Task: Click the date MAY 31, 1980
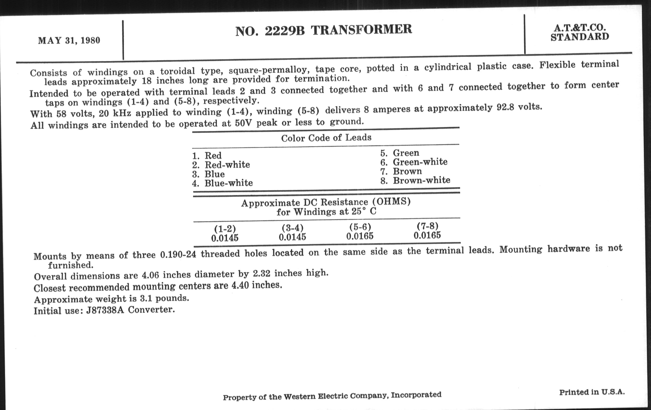pyautogui.click(x=69, y=40)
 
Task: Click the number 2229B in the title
pyautogui.click(x=284, y=31)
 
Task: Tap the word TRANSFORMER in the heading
pyautogui.click(x=361, y=29)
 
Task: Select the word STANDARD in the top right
pyautogui.click(x=580, y=37)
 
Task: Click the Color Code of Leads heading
pyautogui.click(x=326, y=138)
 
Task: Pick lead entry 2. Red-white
pyautogui.click(x=221, y=165)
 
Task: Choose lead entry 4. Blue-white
pyautogui.click(x=222, y=183)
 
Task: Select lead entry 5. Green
pyautogui.click(x=400, y=153)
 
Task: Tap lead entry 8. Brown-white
pyautogui.click(x=415, y=180)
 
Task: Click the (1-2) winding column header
pyautogui.click(x=225, y=229)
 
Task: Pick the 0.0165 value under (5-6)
pyautogui.click(x=360, y=236)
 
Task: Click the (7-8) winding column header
pyautogui.click(x=427, y=226)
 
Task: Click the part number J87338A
pyautogui.click(x=105, y=310)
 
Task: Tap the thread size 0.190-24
pyautogui.click(x=178, y=254)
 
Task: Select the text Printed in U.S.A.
pyautogui.click(x=592, y=392)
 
